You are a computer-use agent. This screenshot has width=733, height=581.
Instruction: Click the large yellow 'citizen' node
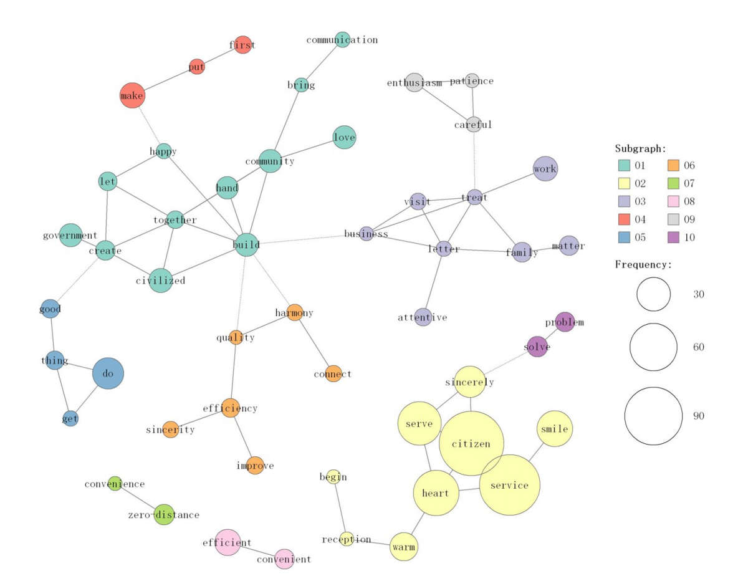[471, 443]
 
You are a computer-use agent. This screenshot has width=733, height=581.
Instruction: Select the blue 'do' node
[108, 374]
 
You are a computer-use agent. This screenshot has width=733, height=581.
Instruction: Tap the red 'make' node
[132, 95]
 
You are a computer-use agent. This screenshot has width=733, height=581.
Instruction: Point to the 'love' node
[344, 137]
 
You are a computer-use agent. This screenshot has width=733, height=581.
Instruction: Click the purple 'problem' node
[565, 322]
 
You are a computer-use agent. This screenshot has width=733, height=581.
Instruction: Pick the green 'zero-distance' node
[164, 514]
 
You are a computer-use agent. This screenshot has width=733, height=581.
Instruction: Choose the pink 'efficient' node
[228, 542]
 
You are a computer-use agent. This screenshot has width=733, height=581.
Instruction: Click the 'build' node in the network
[246, 245]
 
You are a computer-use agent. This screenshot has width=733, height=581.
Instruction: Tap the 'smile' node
[554, 429]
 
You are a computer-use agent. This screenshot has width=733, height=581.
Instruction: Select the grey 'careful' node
[474, 124]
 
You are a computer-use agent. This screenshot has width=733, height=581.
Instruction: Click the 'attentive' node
[423, 317]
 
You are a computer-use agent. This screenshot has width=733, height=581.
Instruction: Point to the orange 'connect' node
[333, 373]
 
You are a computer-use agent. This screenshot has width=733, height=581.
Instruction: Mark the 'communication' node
[342, 39]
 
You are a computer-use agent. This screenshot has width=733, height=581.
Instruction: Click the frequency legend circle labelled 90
[653, 416]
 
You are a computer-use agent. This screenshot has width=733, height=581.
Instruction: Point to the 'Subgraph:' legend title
[640, 149]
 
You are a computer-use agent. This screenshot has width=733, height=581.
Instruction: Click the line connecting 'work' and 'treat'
[509, 183]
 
